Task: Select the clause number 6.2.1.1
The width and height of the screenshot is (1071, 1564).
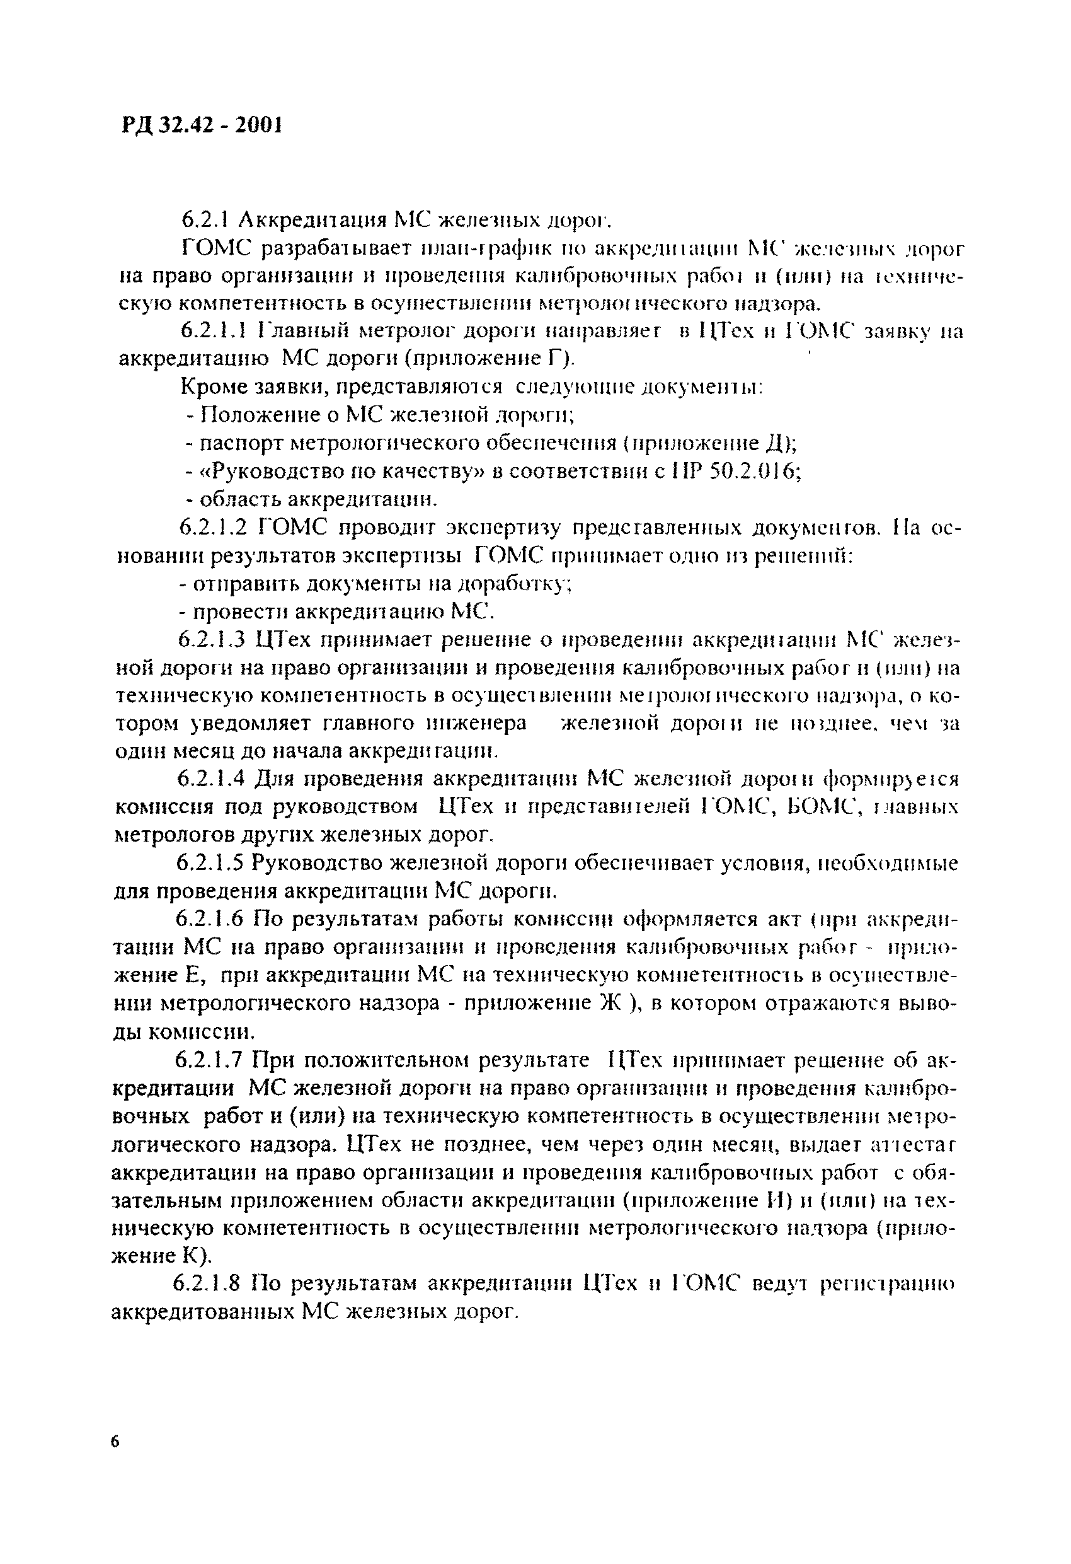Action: click(215, 330)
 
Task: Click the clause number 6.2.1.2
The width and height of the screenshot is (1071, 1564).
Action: click(215, 528)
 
